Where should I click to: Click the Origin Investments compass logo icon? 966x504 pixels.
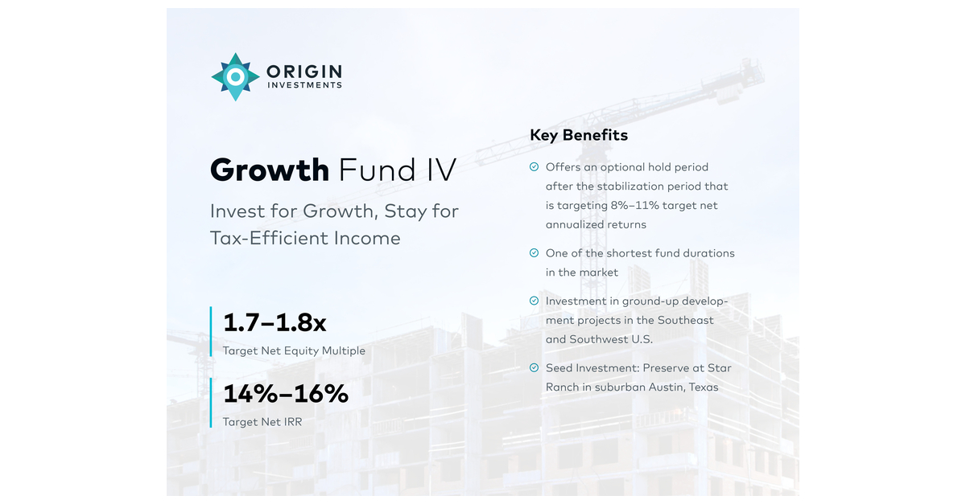pyautogui.click(x=235, y=77)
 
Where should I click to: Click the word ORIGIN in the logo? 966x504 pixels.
pyautogui.click(x=303, y=72)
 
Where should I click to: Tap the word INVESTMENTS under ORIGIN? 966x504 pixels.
pyautogui.click(x=304, y=86)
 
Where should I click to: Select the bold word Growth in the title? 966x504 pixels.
pyautogui.click(x=270, y=170)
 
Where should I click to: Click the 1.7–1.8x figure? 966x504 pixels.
pyautogui.click(x=275, y=323)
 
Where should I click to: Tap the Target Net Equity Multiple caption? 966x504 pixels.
pyautogui.click(x=294, y=350)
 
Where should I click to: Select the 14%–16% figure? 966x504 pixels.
pyautogui.click(x=286, y=394)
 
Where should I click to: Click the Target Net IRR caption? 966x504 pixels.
pyautogui.click(x=262, y=421)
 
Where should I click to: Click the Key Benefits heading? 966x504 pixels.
pyautogui.click(x=579, y=135)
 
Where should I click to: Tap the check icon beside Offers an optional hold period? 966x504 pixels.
pyautogui.click(x=534, y=167)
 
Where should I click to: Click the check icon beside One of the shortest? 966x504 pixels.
pyautogui.click(x=534, y=253)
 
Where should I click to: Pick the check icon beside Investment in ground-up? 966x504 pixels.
pyautogui.click(x=534, y=301)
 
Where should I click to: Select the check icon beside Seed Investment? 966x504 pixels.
pyautogui.click(x=534, y=368)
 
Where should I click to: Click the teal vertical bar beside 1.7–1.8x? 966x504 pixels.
pyautogui.click(x=211, y=331)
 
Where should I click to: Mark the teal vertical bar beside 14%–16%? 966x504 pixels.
pyautogui.click(x=211, y=403)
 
